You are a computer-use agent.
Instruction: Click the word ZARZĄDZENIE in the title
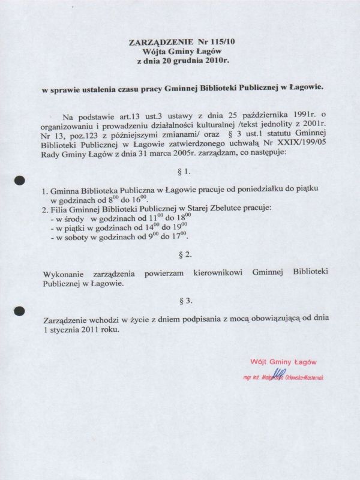coord(159,44)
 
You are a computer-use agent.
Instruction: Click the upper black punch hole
coord(20,179)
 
